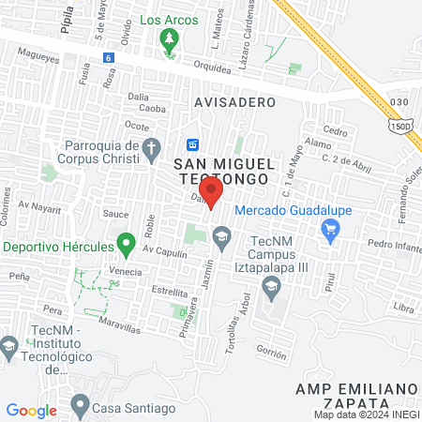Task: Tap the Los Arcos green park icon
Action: point(170,39)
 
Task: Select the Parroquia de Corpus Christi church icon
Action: point(152,147)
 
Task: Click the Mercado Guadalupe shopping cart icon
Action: point(329,229)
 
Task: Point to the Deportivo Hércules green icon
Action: point(126,247)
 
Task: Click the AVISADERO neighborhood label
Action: point(235,101)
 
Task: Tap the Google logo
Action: point(31,410)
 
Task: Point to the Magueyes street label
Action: point(31,55)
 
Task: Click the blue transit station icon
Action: point(192,144)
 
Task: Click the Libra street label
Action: point(403,308)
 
